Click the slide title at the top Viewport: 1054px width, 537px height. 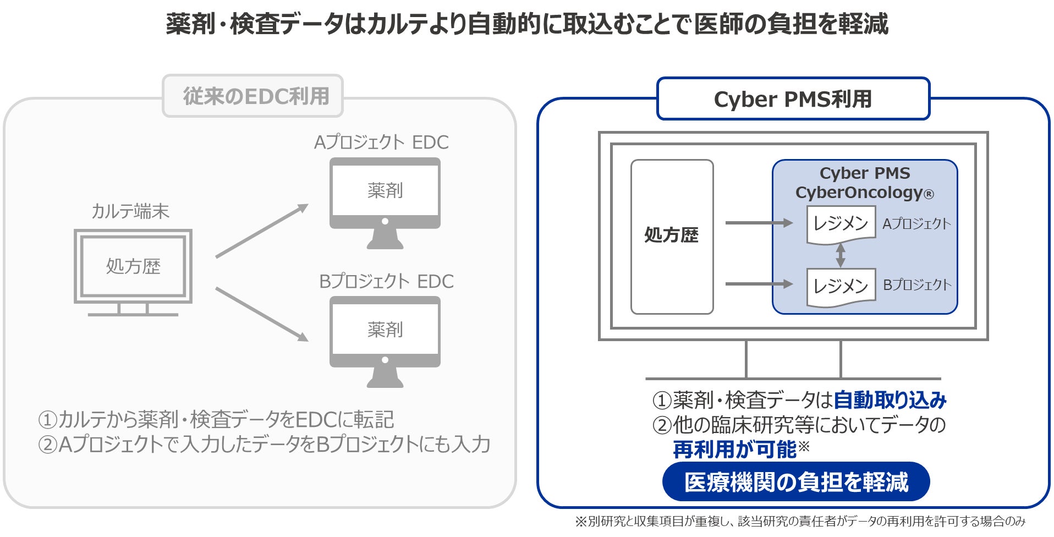pos(527,24)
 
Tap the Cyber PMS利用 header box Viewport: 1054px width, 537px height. pos(793,99)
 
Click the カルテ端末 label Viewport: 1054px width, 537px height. pos(130,211)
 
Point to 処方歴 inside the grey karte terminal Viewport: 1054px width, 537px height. pos(133,266)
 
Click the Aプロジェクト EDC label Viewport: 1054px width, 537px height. pos(381,143)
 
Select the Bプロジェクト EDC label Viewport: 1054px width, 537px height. pos(386,282)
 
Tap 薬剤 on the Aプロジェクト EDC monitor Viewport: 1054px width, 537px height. pos(385,190)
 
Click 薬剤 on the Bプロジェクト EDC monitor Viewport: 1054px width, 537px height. pos(385,330)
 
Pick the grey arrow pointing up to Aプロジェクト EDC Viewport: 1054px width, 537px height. pos(262,231)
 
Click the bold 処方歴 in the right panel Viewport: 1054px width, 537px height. pos(671,235)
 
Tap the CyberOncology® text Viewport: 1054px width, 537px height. pos(864,193)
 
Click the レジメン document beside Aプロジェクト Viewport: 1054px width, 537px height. pos(841,223)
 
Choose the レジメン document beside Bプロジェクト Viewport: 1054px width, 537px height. pos(841,286)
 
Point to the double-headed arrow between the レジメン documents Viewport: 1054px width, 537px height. pos(841,255)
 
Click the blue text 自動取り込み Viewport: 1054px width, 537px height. pos(890,400)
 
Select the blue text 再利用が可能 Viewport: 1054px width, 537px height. pos(734,450)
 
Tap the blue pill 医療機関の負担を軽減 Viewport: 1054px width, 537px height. pos(796,482)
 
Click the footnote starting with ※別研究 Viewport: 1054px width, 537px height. pos(800,521)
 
